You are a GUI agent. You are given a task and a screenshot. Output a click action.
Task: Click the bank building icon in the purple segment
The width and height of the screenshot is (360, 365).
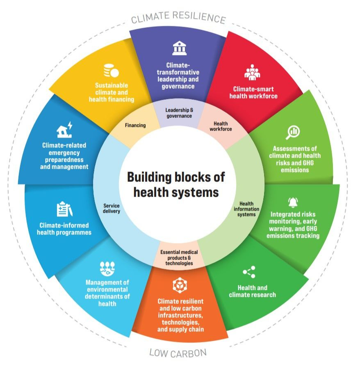179,48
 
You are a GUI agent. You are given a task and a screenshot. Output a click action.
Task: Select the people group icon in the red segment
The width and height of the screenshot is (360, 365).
253,73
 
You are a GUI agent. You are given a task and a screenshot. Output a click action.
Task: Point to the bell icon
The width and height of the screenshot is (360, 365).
293,202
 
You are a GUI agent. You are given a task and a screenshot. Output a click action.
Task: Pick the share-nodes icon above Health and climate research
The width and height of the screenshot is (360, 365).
249,272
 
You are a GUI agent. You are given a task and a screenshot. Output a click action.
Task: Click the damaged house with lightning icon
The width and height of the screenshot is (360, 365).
64,129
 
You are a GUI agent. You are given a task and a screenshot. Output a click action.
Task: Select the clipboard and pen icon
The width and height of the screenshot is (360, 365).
64,209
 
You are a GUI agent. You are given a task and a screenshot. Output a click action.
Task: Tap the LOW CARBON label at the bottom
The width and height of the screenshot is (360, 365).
178,352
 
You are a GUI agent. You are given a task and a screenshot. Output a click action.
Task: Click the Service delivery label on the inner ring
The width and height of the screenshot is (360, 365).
112,209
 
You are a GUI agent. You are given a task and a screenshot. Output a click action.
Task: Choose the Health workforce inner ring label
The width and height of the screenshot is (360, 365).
221,126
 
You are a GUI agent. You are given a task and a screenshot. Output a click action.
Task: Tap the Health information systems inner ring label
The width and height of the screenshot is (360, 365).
246,209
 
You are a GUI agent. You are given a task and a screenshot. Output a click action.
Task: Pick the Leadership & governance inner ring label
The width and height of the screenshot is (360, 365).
179,113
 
